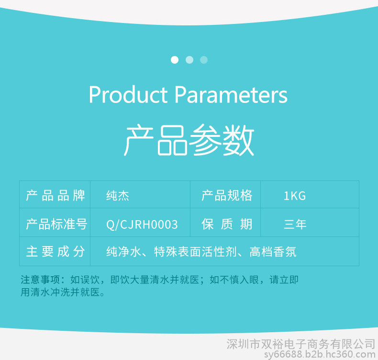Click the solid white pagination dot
coord(175,60)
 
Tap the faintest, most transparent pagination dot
coord(204,60)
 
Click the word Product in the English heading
coord(128,94)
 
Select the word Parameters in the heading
coord(231,94)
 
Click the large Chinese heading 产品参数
coord(189,140)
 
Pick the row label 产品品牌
coord(56,195)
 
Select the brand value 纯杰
coord(118,195)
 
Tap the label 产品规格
coord(227,195)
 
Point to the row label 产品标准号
coord(56,224)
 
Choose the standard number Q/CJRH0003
coord(142,225)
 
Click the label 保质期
coord(227,224)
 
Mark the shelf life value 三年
coord(295,224)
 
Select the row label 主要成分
coord(56,251)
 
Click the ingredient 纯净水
coord(123,252)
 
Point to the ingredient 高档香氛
coord(273,252)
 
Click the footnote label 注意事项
coord(40,280)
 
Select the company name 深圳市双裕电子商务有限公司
coord(300,344)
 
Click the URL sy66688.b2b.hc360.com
coord(320,355)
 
